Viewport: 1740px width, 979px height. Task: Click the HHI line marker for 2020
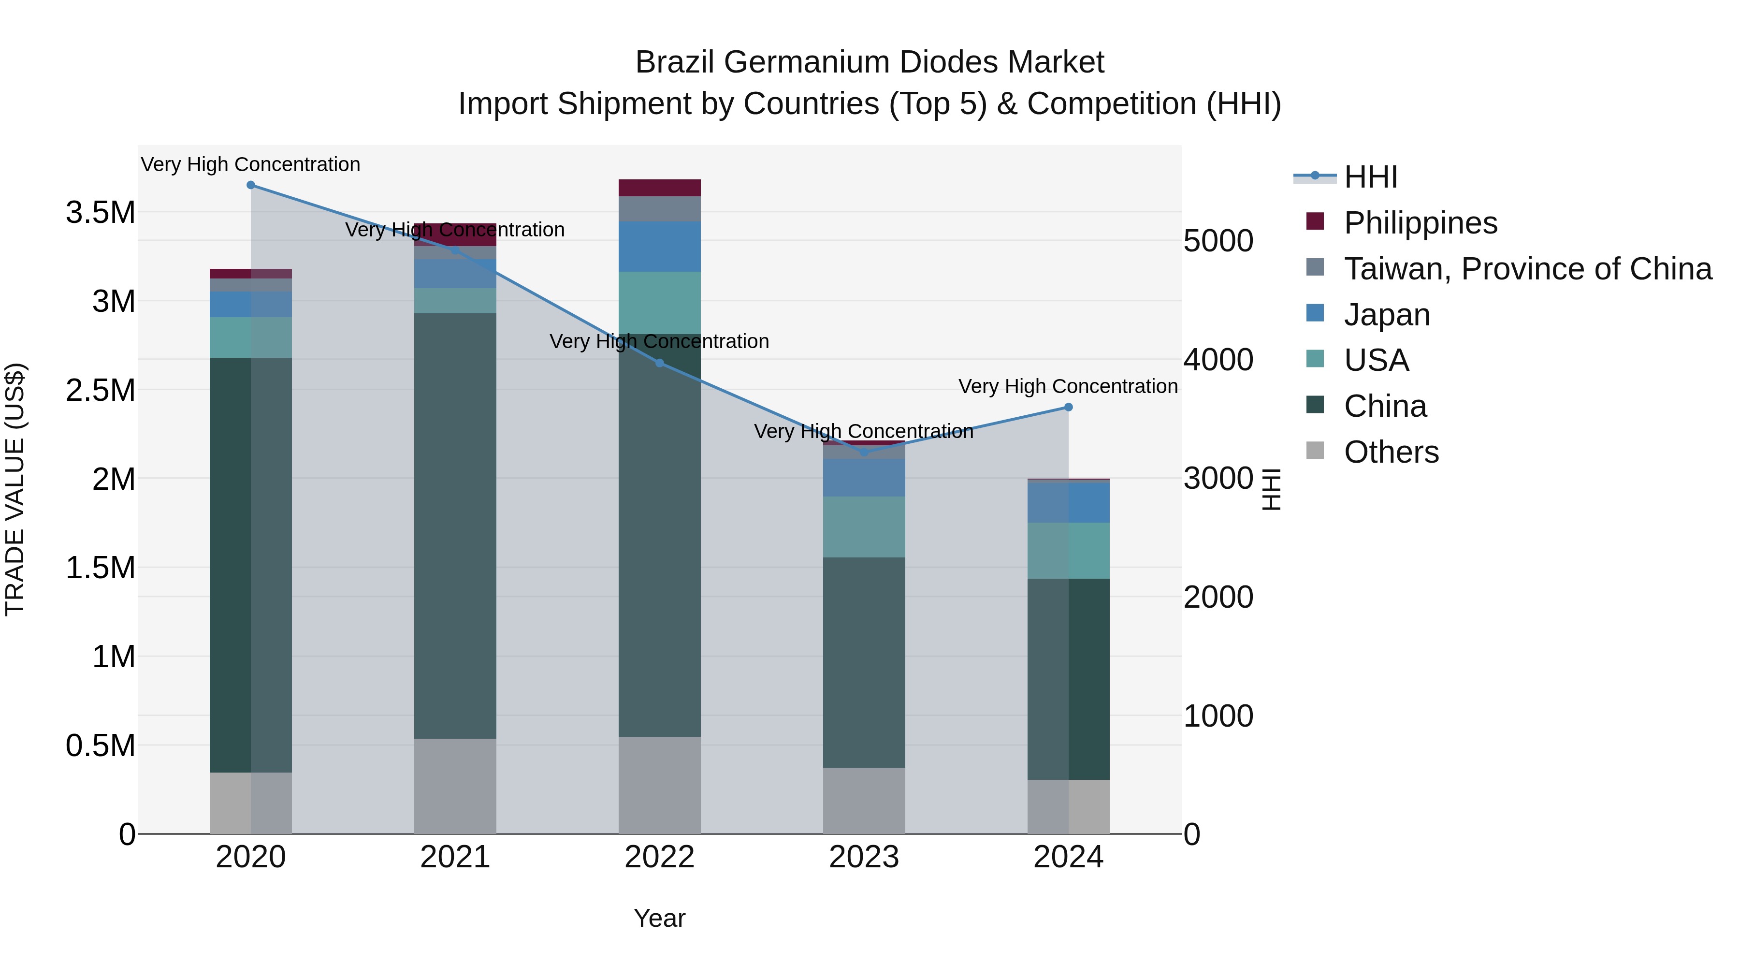tap(250, 185)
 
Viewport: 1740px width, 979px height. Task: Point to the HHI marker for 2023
tap(864, 453)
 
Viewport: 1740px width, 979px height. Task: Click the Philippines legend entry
tap(1420, 223)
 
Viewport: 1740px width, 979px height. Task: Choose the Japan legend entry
tap(1386, 315)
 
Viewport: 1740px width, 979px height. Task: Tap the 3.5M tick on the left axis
tap(101, 213)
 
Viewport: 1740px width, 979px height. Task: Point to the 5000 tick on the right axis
tap(1218, 241)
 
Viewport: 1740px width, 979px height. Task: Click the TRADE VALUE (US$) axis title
tap(15, 489)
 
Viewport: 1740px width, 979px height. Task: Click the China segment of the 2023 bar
tap(864, 662)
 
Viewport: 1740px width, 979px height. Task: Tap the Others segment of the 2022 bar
tap(660, 785)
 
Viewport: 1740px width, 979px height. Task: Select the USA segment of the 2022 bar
tap(660, 303)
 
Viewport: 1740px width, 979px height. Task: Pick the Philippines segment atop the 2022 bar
tap(660, 188)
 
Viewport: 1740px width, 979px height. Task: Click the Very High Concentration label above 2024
tap(1068, 386)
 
